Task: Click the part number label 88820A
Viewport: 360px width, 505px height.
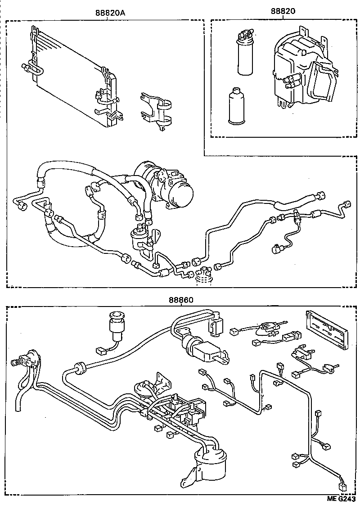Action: pos(110,13)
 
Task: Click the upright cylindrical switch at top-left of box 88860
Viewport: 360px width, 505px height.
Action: pos(117,328)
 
